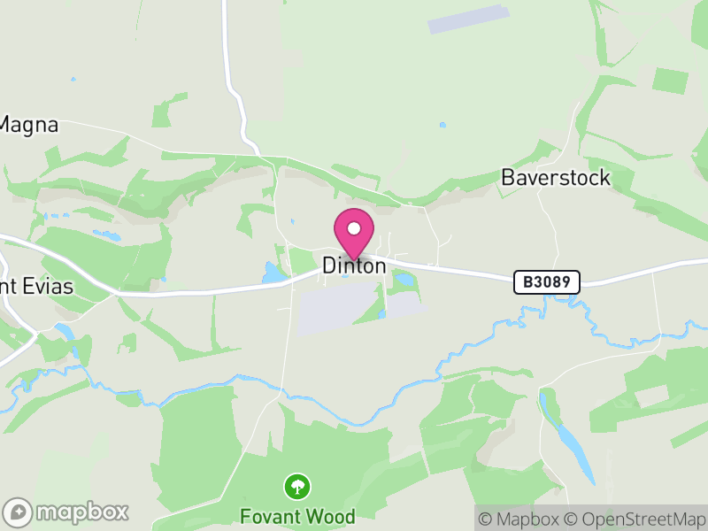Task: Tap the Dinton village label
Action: (x=354, y=265)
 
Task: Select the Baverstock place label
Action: (x=556, y=178)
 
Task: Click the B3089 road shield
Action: (x=547, y=282)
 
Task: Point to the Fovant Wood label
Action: (x=297, y=517)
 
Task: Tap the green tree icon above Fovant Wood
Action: (x=297, y=486)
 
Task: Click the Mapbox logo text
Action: (x=81, y=512)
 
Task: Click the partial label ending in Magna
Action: (x=28, y=126)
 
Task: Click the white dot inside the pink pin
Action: (x=354, y=228)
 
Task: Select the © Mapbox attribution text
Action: (x=521, y=519)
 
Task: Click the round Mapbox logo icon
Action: (x=18, y=512)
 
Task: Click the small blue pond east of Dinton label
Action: (x=404, y=281)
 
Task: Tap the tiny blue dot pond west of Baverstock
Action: (x=442, y=125)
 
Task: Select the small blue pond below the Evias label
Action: (x=64, y=331)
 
